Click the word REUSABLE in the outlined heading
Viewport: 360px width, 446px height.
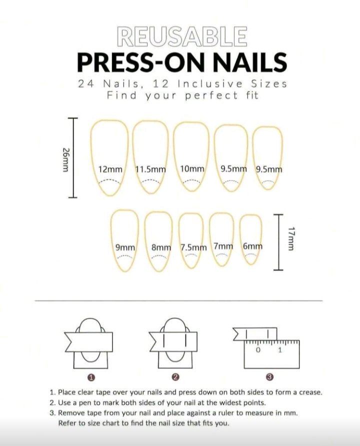[x=181, y=36]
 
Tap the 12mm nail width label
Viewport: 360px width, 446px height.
[x=110, y=169]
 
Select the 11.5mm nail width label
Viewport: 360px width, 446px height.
[x=150, y=169]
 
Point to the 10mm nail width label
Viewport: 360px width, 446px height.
[x=192, y=169]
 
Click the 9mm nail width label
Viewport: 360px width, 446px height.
[x=125, y=247]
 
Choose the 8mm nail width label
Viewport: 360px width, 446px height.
[x=161, y=247]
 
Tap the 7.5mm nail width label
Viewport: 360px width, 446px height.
[x=193, y=247]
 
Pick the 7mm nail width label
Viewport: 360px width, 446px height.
[x=223, y=246]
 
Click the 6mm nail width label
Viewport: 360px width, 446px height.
[x=252, y=246]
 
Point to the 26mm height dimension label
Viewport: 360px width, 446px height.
[x=65, y=160]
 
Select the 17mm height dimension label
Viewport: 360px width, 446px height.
[x=290, y=238]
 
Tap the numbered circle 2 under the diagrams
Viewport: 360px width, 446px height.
[x=175, y=377]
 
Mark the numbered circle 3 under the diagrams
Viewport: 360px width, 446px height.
[x=269, y=377]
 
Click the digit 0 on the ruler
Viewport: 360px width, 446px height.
[x=258, y=350]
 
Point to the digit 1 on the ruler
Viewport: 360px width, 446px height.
[x=280, y=350]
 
